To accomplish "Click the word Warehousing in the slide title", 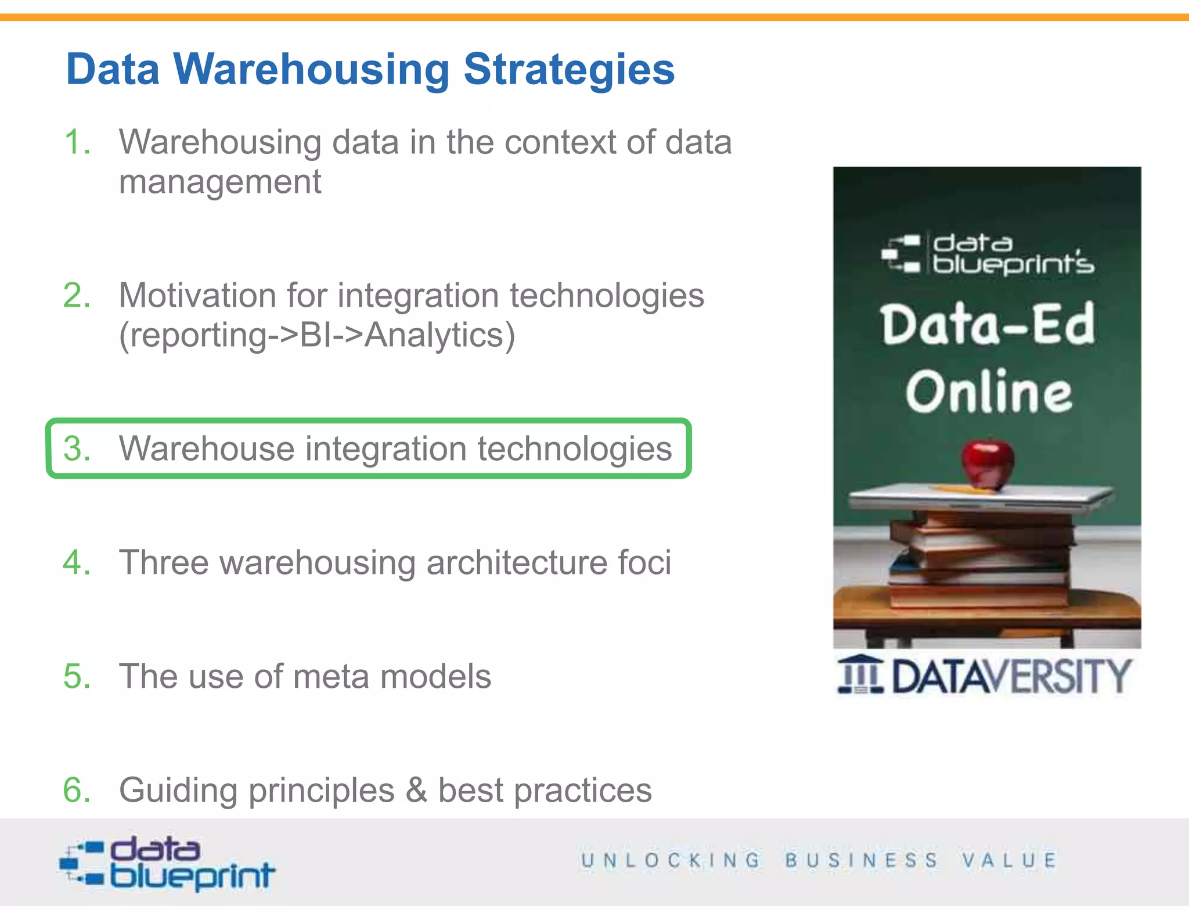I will pyautogui.click(x=311, y=70).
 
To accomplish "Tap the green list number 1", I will pyautogui.click(x=77, y=142).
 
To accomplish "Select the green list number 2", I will pyautogui.click(x=77, y=296).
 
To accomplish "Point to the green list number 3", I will pyautogui.click(x=77, y=449).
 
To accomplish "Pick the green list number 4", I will pyautogui.click(x=77, y=563).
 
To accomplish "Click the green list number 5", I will pyautogui.click(x=77, y=677).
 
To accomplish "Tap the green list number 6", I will pyautogui.click(x=77, y=791).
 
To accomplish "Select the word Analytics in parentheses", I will pyautogui.click(x=434, y=335).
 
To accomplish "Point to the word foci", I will pyautogui.click(x=644, y=563).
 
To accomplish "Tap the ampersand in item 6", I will pyautogui.click(x=416, y=791).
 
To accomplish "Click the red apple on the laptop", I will pyautogui.click(x=988, y=463).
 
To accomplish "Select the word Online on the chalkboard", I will pyautogui.click(x=988, y=392).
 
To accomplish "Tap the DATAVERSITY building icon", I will pyautogui.click(x=860, y=674).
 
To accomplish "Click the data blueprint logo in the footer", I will pyautogui.click(x=167, y=863).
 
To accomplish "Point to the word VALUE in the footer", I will pyautogui.click(x=1009, y=860).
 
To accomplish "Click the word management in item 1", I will pyautogui.click(x=220, y=182).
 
